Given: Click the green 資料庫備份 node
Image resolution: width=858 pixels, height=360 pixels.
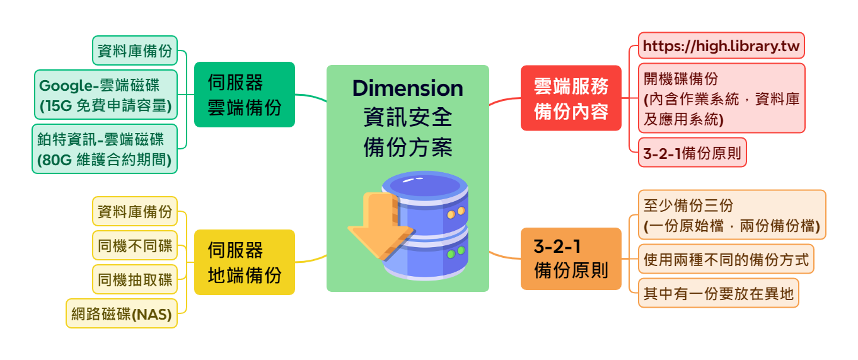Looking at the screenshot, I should (135, 51).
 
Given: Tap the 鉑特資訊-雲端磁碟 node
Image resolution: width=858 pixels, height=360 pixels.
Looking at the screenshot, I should (105, 149).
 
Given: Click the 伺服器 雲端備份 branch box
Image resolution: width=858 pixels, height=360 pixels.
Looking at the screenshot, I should (244, 95).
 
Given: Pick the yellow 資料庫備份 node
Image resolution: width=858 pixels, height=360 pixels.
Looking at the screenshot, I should (135, 211).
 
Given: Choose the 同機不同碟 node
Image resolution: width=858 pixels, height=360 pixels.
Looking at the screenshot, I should (135, 245).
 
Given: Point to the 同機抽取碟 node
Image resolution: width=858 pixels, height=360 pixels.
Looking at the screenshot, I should (135, 279).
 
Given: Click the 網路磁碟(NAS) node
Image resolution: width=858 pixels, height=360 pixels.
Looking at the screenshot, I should (122, 313).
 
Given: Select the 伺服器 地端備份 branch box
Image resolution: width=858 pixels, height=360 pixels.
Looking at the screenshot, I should (244, 262).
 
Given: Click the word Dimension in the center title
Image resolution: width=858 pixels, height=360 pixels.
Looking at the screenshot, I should (407, 88).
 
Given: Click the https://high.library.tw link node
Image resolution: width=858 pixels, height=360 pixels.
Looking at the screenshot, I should (721, 45).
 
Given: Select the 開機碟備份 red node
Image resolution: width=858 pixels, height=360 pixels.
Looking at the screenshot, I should (721, 98).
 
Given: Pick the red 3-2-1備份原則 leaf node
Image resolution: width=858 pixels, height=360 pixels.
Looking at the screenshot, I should (692, 153).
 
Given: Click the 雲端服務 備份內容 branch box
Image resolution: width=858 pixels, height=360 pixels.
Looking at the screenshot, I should (571, 98).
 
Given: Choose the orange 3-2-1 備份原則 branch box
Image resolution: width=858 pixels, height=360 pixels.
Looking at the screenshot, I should (571, 258).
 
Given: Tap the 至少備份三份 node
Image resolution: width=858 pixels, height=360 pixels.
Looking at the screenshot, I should (731, 215).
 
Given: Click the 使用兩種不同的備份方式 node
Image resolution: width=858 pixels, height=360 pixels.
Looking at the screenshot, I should (725, 259).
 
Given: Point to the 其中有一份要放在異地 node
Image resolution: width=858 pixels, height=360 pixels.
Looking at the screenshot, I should (718, 293).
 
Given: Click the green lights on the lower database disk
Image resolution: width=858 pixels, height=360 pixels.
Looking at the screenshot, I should (456, 253).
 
